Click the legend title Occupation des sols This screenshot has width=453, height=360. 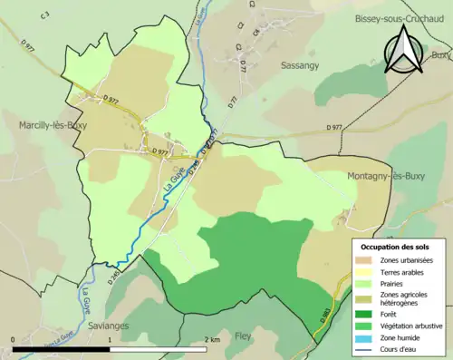[395, 246]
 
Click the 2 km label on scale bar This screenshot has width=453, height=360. [212, 339]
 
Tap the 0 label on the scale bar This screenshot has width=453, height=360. [13, 339]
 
